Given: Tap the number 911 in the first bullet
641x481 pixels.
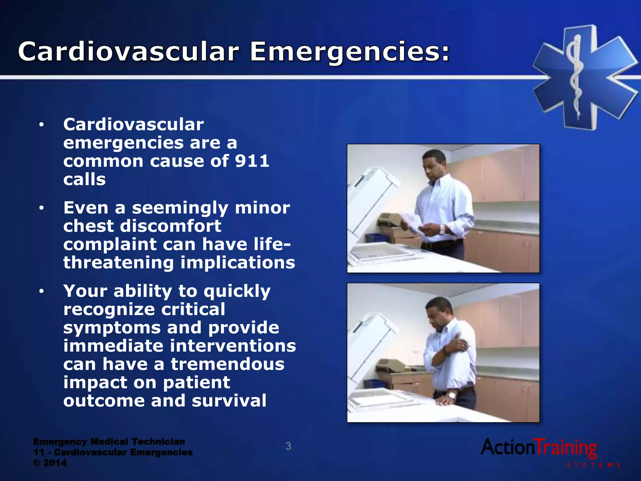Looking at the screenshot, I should click(252, 161).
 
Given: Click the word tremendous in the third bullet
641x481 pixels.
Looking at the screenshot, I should click(228, 364).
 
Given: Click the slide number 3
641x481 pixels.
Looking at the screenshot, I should click(288, 446).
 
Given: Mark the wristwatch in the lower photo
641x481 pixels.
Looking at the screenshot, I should click(451, 396).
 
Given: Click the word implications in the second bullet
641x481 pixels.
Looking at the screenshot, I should click(238, 262).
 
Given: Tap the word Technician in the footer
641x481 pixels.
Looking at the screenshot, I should click(158, 442).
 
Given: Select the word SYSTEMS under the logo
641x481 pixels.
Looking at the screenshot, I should click(593, 465).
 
